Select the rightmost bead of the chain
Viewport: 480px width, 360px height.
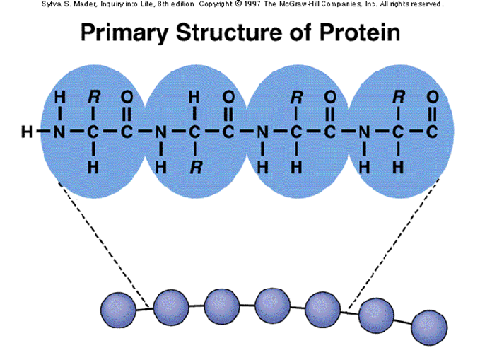[x=429, y=327]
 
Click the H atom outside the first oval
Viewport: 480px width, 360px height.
[x=27, y=131]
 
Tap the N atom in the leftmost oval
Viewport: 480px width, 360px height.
[x=60, y=131]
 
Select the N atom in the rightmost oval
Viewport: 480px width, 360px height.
[x=365, y=131]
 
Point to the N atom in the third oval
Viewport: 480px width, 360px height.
[x=262, y=131]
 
